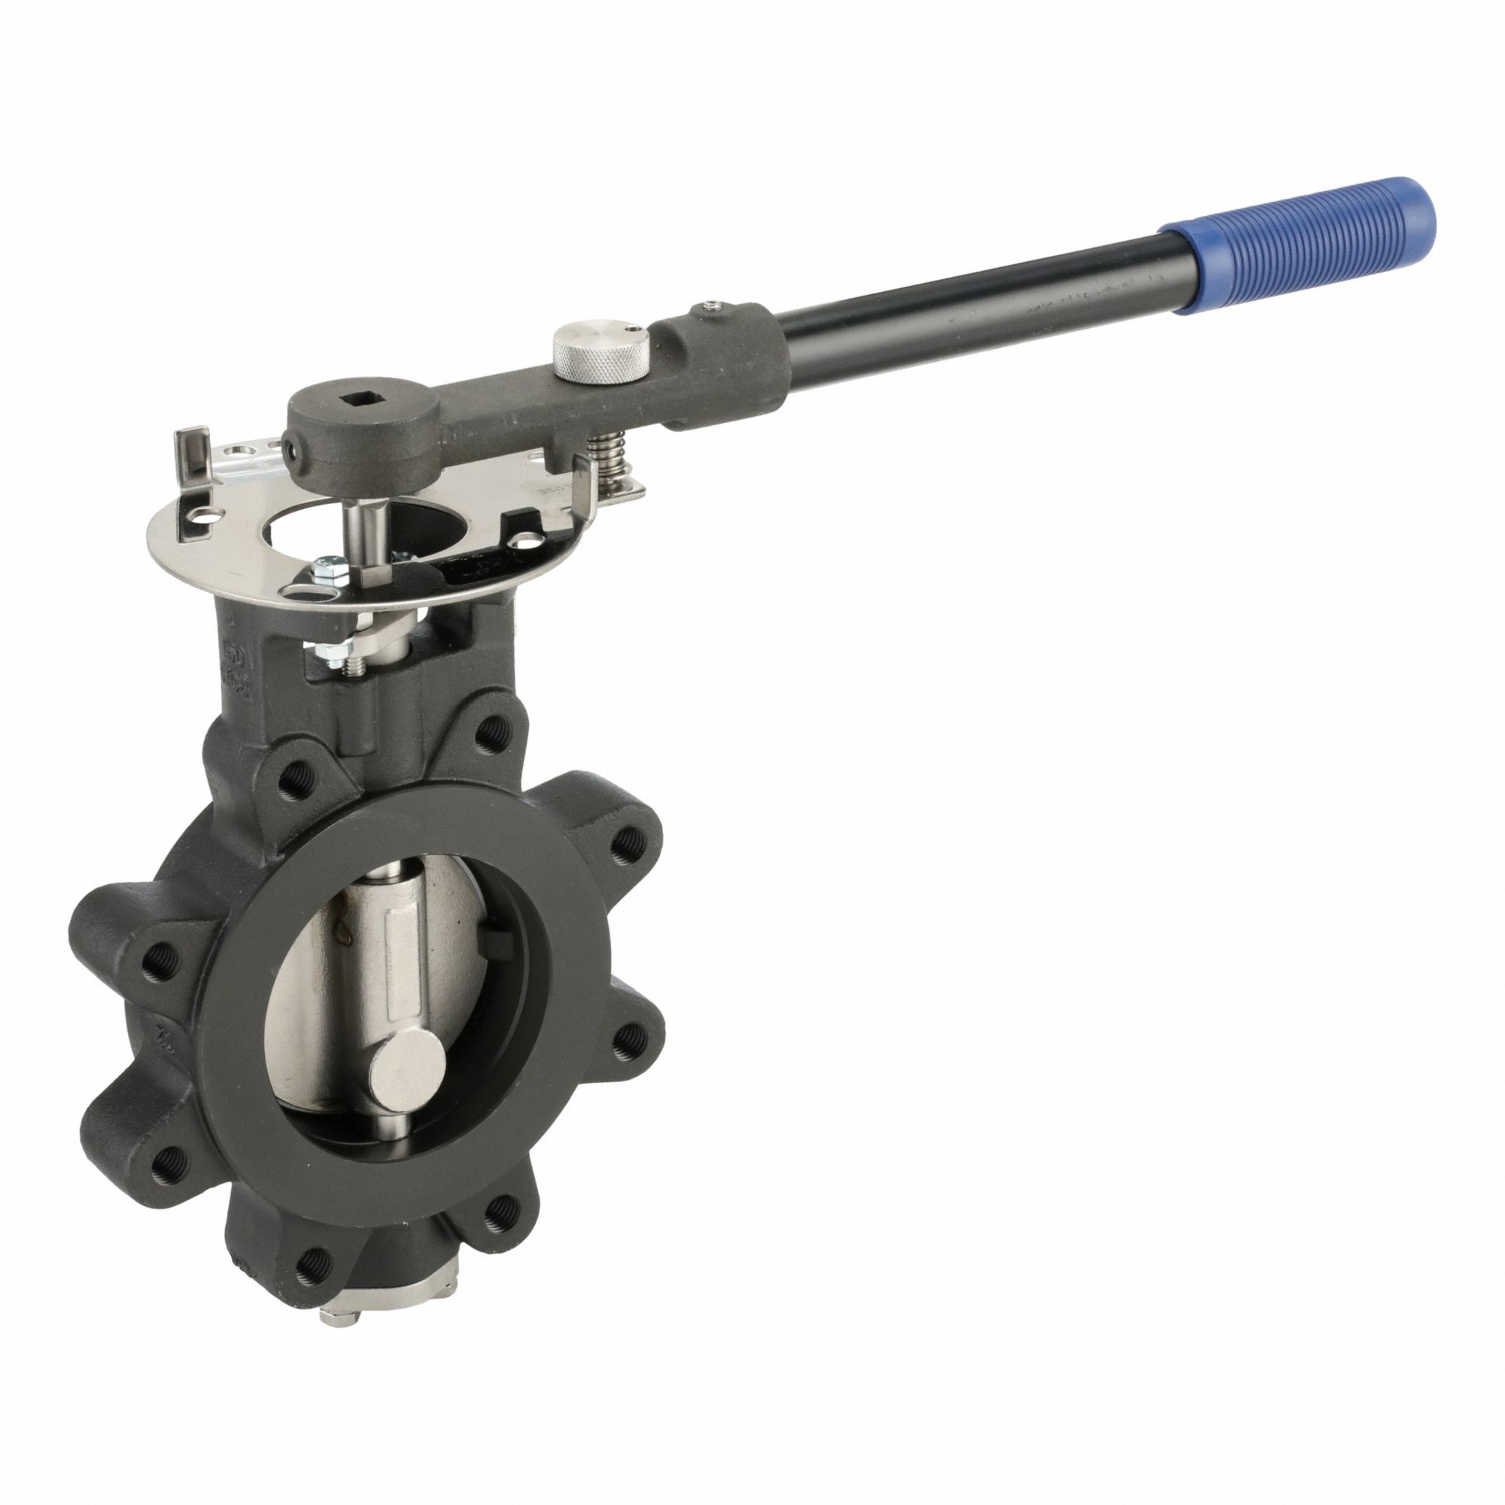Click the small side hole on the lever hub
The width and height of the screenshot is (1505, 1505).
click(x=292, y=450)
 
